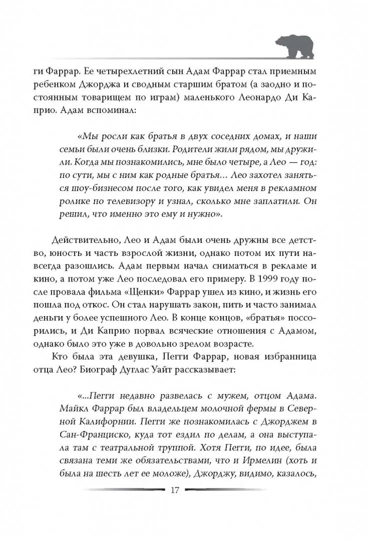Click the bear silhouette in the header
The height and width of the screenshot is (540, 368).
tap(295, 46)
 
